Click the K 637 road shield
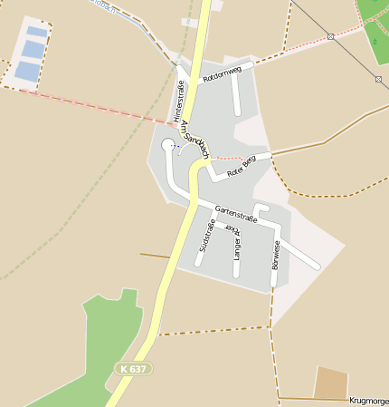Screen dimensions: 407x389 (133, 369)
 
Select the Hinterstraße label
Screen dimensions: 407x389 (178, 102)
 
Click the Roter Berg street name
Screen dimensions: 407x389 (242, 165)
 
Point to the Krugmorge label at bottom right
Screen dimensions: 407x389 (368, 400)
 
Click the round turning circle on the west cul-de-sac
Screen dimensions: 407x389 (167, 145)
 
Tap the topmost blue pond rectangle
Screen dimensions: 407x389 (37, 32)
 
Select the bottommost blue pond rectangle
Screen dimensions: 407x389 (28, 71)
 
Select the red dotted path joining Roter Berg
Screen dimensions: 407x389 (230, 158)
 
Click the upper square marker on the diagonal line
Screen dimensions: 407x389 (331, 36)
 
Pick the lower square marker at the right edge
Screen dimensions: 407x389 (378, 79)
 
